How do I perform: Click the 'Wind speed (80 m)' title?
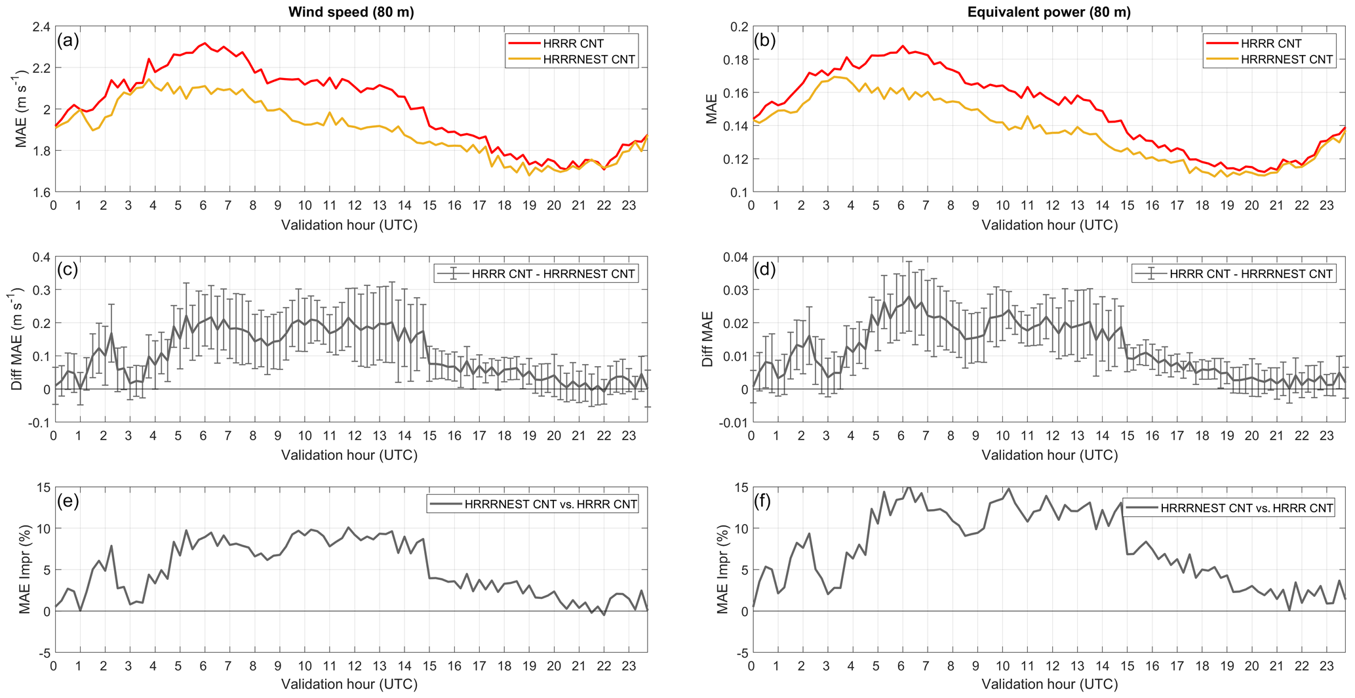point(351,12)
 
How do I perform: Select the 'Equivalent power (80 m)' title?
point(1049,12)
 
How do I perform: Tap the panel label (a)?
point(68,41)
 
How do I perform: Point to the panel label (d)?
point(765,270)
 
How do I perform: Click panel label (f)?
point(764,501)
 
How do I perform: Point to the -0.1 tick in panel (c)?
point(38,423)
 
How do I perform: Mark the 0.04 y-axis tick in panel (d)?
point(734,257)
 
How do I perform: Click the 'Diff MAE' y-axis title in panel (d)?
point(708,339)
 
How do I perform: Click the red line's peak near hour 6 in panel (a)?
point(205,43)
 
